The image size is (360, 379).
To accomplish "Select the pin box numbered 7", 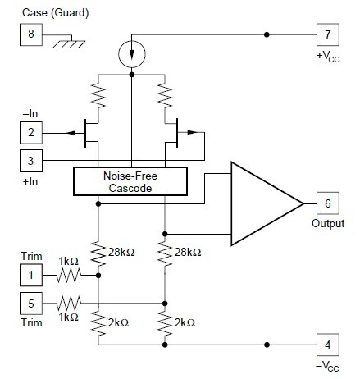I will [x=326, y=34].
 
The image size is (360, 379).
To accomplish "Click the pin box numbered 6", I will [x=326, y=203].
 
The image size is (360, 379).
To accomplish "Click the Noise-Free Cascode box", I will [x=131, y=181].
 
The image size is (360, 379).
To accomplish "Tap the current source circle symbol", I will [x=132, y=54].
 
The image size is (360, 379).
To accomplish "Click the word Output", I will [x=326, y=222].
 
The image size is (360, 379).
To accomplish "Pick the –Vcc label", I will [x=326, y=363].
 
